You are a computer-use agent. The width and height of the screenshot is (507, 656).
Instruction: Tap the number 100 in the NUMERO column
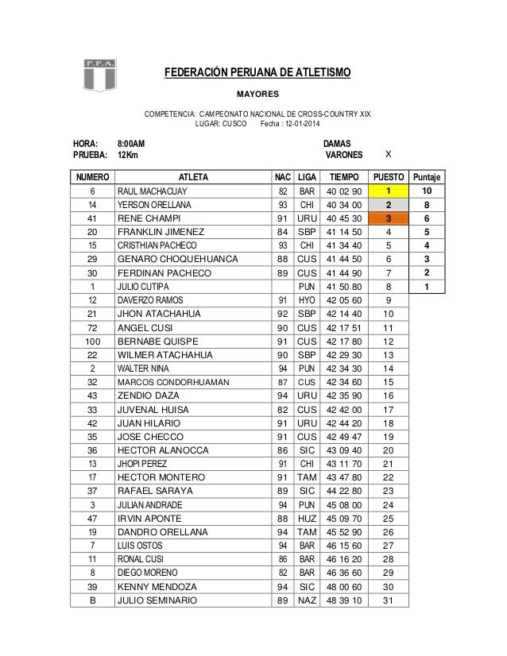(x=92, y=340)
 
